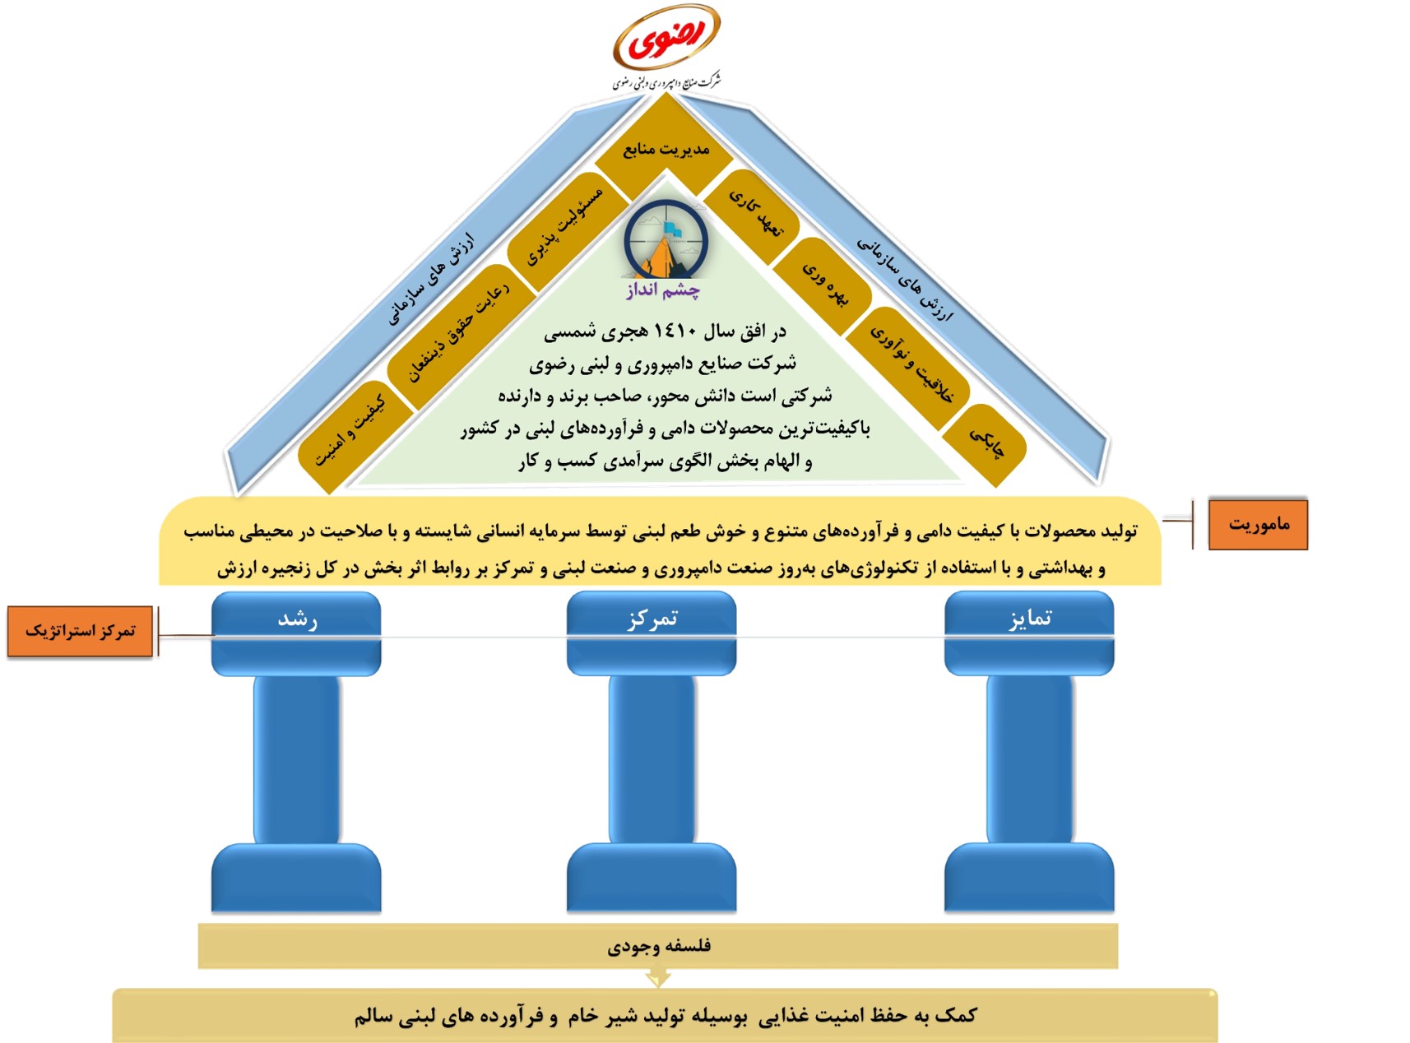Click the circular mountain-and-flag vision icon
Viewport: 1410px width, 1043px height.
click(666, 239)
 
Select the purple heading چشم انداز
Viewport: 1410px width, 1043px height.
click(663, 290)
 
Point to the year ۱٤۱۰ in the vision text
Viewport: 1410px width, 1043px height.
click(675, 331)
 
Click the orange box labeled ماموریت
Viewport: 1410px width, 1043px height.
click(1258, 524)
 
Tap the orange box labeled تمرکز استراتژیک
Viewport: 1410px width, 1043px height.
click(81, 631)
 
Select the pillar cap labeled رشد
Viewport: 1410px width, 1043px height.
click(296, 633)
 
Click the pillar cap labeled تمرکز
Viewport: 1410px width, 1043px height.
click(652, 633)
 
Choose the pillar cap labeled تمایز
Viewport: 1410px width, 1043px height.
click(1029, 633)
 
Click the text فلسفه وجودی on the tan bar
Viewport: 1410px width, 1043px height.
click(659, 947)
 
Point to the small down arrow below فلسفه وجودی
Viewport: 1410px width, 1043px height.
click(658, 977)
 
